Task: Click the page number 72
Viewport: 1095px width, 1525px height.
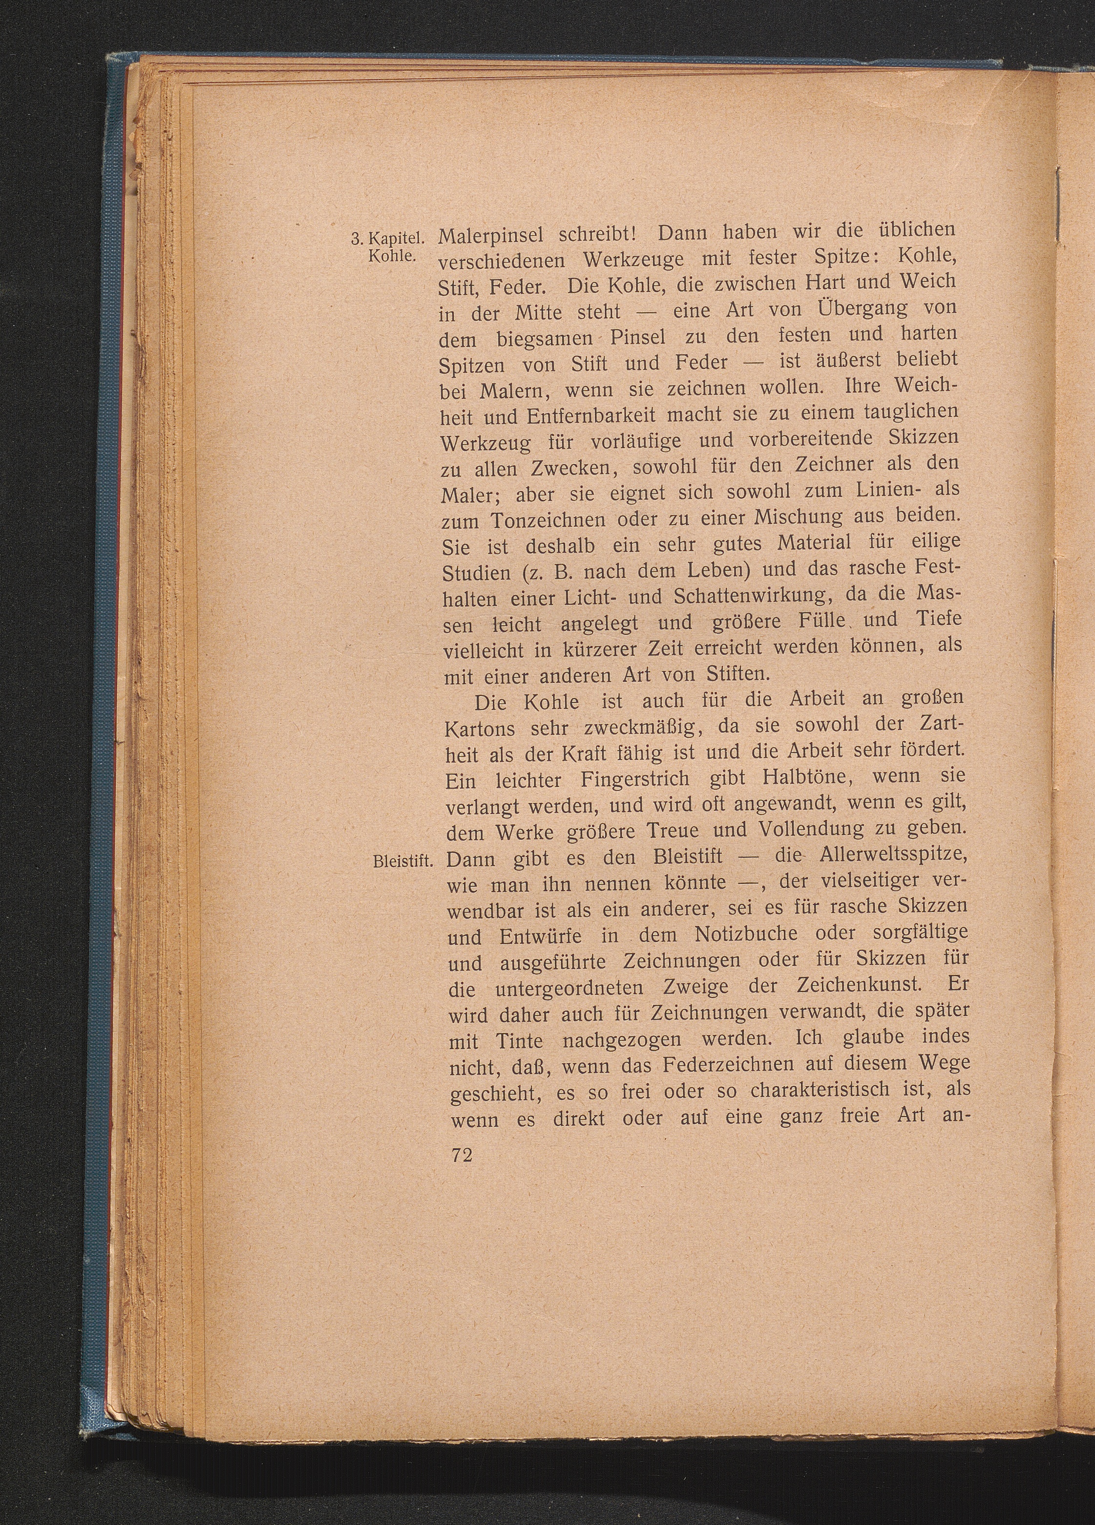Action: (x=461, y=1155)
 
